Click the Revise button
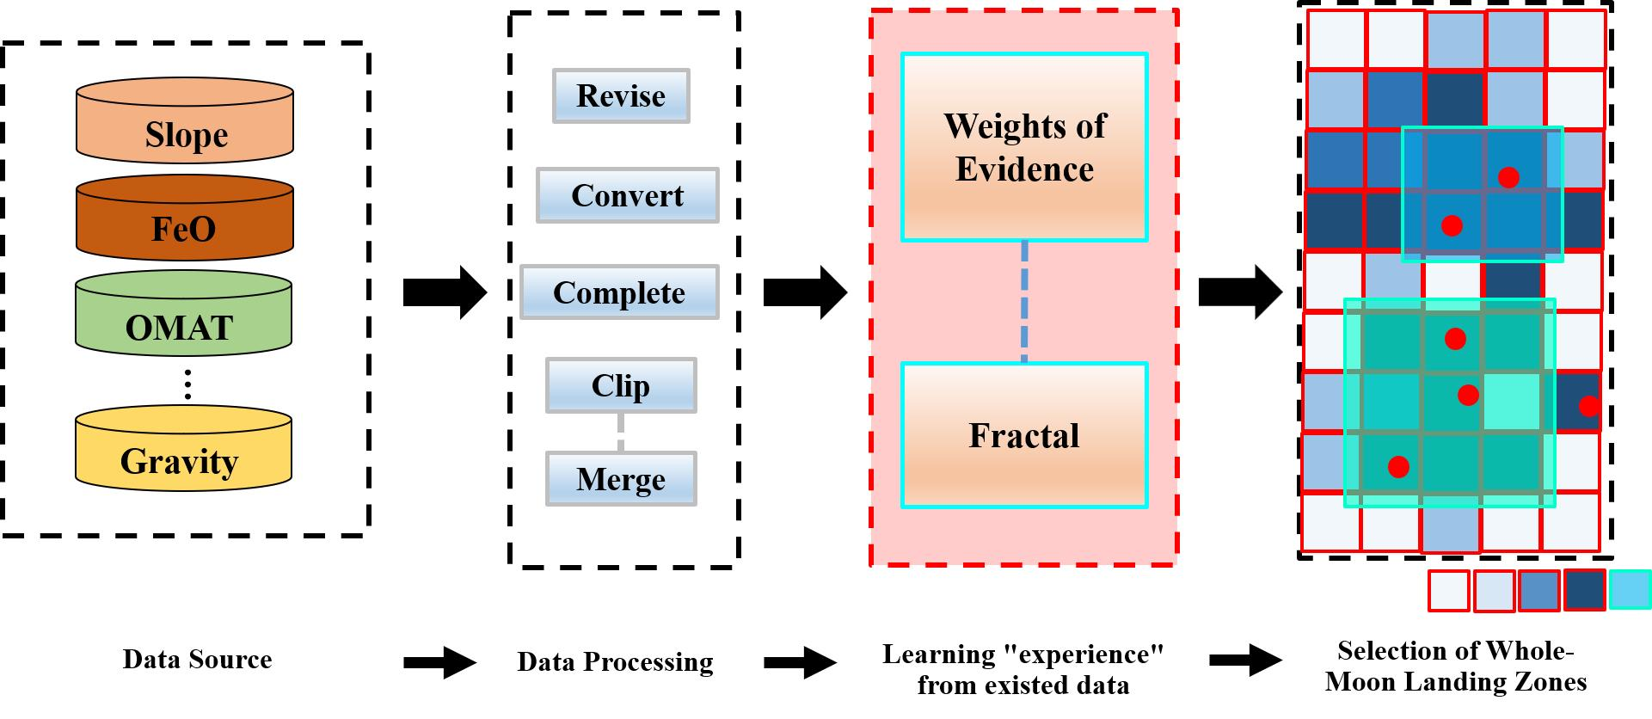click(x=620, y=95)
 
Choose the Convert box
click(x=627, y=195)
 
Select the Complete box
click(x=618, y=292)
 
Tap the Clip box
click(x=620, y=385)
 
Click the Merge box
click(x=620, y=479)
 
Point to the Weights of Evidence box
click(x=1023, y=147)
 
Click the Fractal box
click(x=1023, y=435)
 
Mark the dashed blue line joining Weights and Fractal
click(x=1024, y=301)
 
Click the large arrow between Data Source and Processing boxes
click(x=445, y=292)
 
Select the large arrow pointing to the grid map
click(x=1240, y=292)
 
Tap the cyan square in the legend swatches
click(x=1630, y=590)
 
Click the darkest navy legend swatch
click(x=1584, y=590)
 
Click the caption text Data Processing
click(x=615, y=662)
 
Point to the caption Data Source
click(x=197, y=660)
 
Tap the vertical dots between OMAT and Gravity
click(x=187, y=384)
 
